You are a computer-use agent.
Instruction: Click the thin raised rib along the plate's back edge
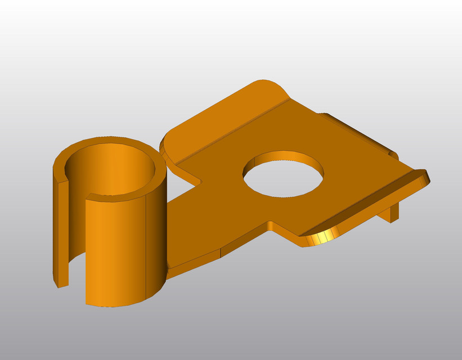tap(360, 132)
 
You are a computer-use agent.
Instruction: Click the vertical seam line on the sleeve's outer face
tap(146, 247)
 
